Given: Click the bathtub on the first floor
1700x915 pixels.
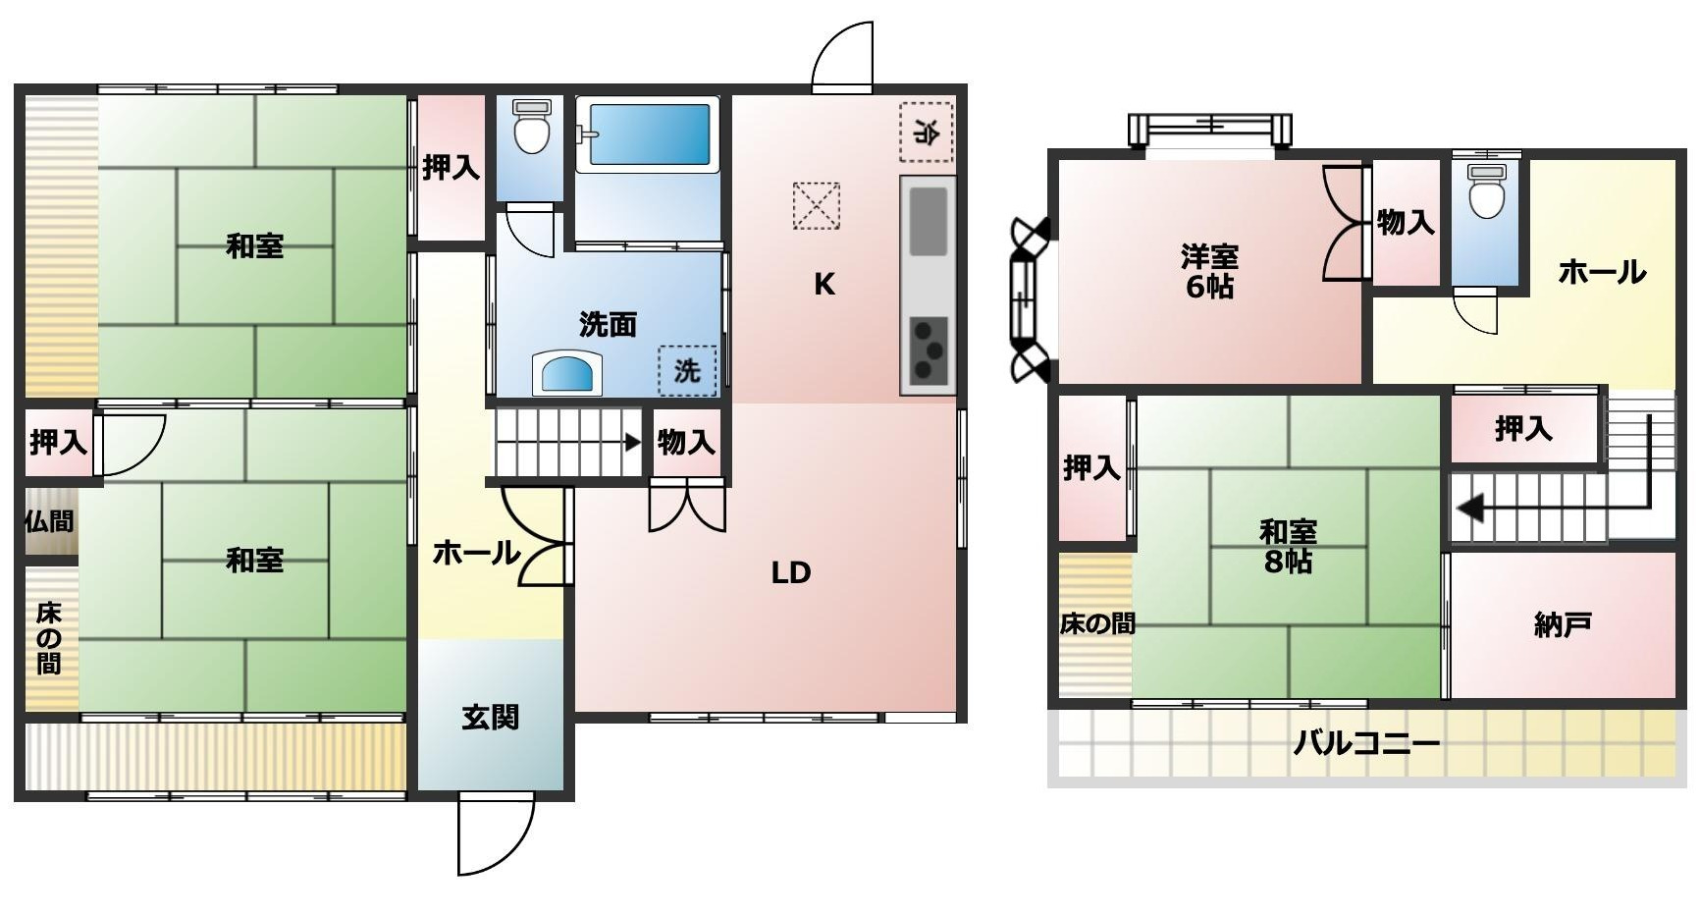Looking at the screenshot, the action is point(647,135).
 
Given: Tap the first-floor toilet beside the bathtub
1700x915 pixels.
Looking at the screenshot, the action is point(532,127).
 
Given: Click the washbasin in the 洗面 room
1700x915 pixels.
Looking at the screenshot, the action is point(568,373).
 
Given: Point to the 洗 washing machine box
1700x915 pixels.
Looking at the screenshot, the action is point(687,371).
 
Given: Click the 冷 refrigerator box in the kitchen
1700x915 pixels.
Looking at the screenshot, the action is point(926,132).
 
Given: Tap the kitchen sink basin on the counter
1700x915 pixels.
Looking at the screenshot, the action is point(928,222).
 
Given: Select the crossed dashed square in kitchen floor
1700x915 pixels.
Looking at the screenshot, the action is point(817,205).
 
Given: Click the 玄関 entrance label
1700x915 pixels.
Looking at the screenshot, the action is point(490,718).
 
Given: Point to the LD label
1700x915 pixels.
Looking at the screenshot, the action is point(790,572).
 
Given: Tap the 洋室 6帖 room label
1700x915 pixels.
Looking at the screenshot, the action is point(1209,272).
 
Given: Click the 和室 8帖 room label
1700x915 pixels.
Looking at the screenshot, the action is point(1288,547).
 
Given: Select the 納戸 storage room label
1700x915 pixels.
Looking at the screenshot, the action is point(1562,624).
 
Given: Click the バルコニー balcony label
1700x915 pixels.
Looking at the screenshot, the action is point(1365,743).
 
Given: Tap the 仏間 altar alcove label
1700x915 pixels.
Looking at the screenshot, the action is point(49,521).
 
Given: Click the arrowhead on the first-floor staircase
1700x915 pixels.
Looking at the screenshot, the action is point(634,443).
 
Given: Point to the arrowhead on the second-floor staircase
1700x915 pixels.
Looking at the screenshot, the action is point(1469,510).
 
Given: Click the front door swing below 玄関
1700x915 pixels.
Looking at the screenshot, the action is point(496,834).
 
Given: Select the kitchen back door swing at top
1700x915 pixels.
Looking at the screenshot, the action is point(842,56).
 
